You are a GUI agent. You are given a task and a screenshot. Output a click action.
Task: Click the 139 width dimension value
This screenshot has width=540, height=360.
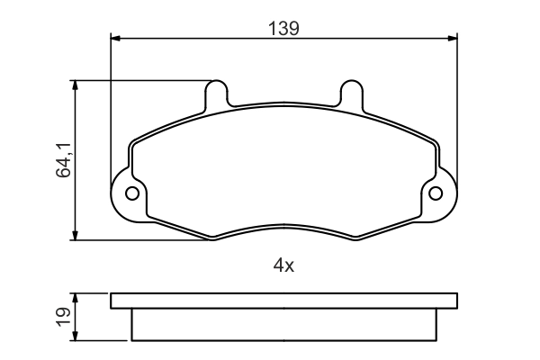tap(283, 28)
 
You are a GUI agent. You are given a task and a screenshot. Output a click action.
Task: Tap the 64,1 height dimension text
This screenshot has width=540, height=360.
tap(63, 160)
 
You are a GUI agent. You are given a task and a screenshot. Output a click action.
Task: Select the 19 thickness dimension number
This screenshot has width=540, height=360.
tap(63, 317)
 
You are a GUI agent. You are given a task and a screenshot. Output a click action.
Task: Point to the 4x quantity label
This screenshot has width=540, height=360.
tap(283, 265)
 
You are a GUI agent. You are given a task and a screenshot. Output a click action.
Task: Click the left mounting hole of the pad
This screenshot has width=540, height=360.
tap(132, 193)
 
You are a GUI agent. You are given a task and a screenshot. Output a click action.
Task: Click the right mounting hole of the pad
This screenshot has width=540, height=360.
tap(436, 193)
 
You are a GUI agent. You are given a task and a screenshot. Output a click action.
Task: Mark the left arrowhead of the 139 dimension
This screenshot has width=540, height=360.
tap(115, 38)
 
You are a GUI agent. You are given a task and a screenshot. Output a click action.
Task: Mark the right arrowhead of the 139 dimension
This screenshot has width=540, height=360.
tap(453, 38)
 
